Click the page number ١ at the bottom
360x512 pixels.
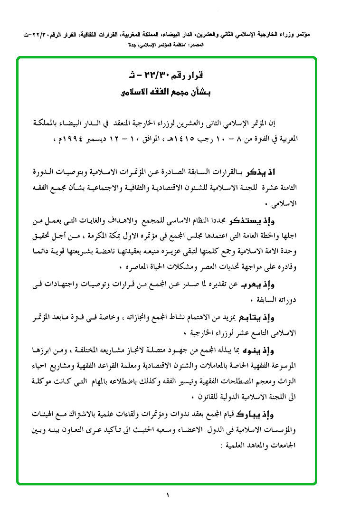168,495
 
